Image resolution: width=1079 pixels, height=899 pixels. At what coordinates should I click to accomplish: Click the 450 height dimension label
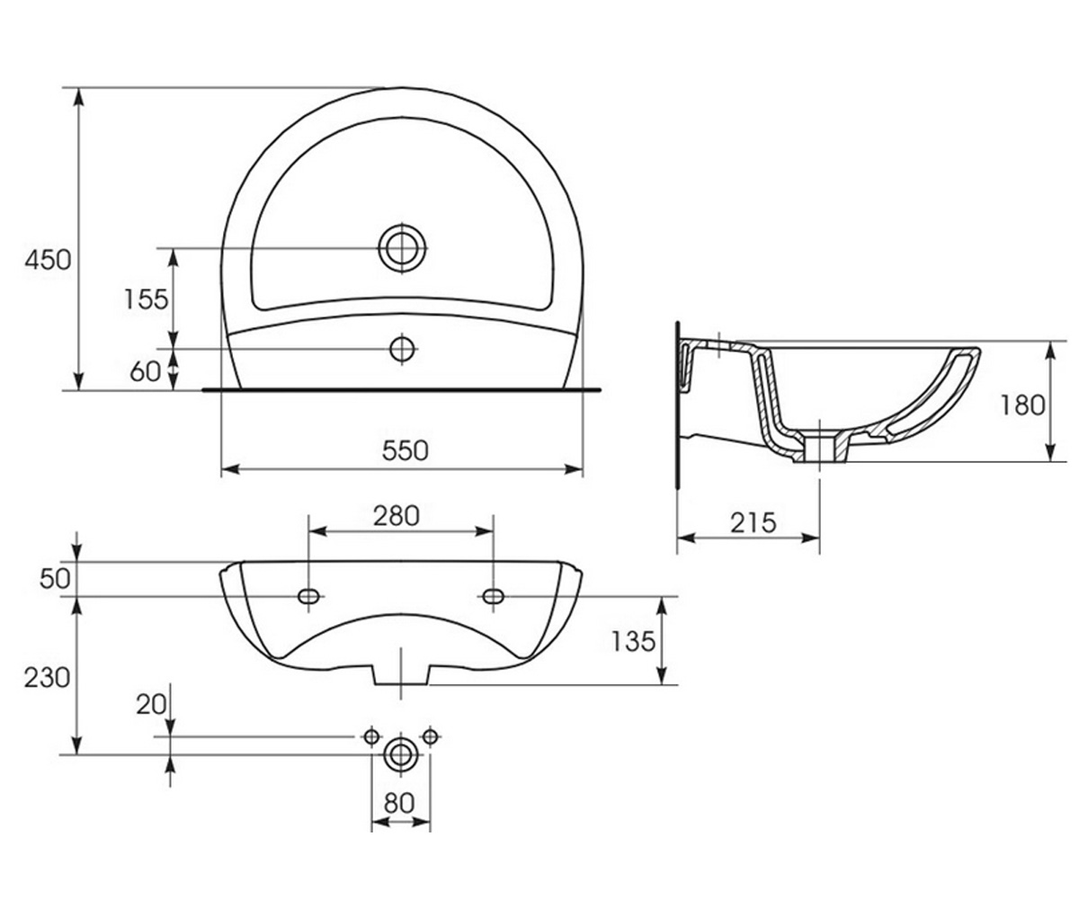48,260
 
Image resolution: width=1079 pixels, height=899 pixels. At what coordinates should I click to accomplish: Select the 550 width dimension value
406,450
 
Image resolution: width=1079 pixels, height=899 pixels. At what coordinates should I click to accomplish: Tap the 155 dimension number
147,298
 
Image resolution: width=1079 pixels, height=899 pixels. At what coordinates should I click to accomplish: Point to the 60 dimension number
145,371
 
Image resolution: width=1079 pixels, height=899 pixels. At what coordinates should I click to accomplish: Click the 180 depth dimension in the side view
1022,405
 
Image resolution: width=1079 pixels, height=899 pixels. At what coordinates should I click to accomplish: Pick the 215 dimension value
753,523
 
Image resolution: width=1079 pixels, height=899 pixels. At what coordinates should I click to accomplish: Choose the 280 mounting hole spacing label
397,516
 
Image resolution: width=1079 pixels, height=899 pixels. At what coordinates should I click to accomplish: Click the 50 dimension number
55,579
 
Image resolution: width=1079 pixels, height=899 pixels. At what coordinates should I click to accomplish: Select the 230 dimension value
47,677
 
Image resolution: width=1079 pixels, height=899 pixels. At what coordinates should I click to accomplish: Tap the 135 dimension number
633,642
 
